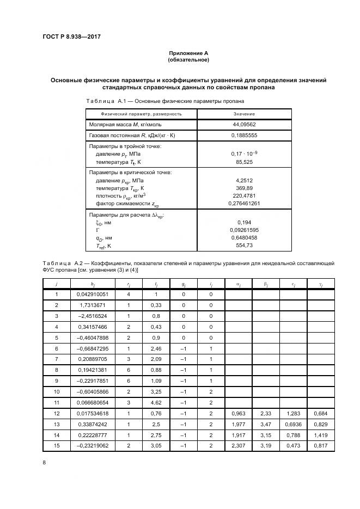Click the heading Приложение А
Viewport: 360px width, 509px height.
[188, 53]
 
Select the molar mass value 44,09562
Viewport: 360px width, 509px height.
[244, 125]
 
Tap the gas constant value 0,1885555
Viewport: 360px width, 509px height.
[244, 134]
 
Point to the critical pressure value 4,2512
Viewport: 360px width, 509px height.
[244, 180]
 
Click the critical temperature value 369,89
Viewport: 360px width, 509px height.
[244, 188]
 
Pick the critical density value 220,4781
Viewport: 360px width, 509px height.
[244, 195]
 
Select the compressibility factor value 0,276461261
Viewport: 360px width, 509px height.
[244, 203]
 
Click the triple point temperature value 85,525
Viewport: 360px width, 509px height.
[244, 162]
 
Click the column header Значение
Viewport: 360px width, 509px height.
[244, 114]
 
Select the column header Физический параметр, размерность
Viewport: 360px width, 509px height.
[141, 114]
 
